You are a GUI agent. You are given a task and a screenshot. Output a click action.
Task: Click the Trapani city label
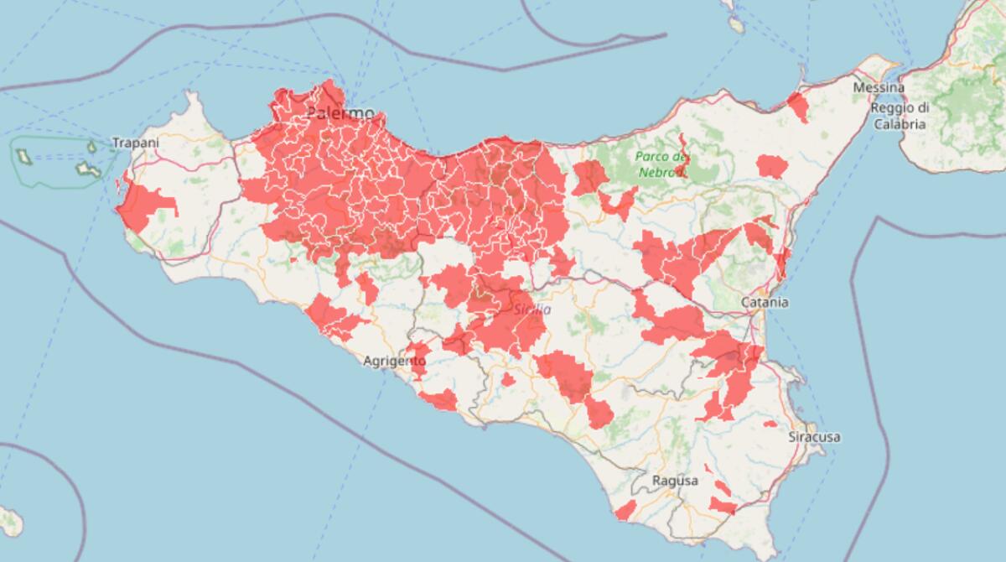pyautogui.click(x=135, y=143)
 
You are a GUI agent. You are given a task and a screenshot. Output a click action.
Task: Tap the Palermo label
pyautogui.click(x=340, y=113)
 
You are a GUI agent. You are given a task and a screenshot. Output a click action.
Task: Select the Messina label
pyautogui.click(x=878, y=88)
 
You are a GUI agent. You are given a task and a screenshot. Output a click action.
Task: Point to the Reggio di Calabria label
pyautogui.click(x=899, y=116)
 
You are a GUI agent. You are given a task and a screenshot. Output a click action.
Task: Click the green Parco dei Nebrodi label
pyautogui.click(x=661, y=164)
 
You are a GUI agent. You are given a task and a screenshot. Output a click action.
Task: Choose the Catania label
pyautogui.click(x=765, y=302)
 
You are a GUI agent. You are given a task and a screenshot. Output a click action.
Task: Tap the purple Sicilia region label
pyautogui.click(x=532, y=310)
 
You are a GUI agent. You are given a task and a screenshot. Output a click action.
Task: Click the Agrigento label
pyautogui.click(x=396, y=361)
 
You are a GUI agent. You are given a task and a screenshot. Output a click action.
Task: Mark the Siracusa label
pyautogui.click(x=814, y=437)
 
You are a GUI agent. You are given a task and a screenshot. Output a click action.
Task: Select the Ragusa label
pyautogui.click(x=674, y=481)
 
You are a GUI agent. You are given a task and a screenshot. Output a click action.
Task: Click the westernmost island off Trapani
pyautogui.click(x=23, y=155)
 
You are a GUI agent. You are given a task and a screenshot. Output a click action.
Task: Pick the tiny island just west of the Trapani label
pyautogui.click(x=92, y=147)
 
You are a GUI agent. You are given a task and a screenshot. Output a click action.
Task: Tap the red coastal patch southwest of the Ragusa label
pyautogui.click(x=625, y=510)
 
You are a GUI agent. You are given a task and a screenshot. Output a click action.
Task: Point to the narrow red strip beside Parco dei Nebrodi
pyautogui.click(x=682, y=155)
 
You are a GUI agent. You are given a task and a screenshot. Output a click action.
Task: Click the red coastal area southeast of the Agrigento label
pyautogui.click(x=438, y=400)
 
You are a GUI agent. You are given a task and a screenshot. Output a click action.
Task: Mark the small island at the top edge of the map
pyautogui.click(x=736, y=24)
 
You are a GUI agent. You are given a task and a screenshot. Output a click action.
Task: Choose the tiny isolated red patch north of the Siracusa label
pyautogui.click(x=770, y=424)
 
